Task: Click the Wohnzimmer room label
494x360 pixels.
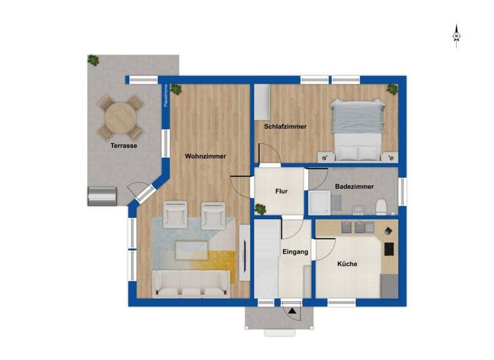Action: [206, 156]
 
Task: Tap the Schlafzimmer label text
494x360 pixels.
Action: [285, 127]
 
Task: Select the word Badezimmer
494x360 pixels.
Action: [354, 187]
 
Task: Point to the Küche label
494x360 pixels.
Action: [347, 264]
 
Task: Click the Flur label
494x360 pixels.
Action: [281, 191]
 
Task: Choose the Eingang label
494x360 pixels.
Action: [295, 252]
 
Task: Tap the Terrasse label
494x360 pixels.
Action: [123, 146]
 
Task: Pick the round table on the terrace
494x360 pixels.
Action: [121, 116]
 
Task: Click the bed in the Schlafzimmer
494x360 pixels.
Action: [357, 130]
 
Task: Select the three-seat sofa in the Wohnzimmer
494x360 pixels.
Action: [190, 283]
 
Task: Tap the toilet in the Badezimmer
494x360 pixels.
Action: [381, 206]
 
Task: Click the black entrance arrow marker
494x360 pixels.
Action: [293, 311]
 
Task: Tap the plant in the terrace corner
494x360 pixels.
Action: [94, 60]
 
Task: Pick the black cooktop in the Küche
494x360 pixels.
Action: [389, 249]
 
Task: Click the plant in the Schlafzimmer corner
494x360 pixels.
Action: [392, 90]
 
